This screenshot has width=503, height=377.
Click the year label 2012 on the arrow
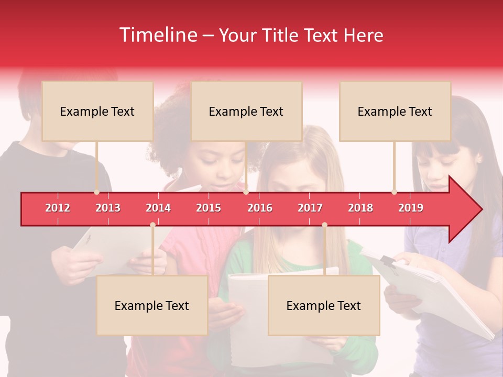click(58, 208)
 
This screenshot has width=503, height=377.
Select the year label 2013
click(108, 208)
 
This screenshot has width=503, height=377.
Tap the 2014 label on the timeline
click(158, 208)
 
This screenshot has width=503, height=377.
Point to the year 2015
click(209, 208)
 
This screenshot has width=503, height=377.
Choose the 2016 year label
click(260, 208)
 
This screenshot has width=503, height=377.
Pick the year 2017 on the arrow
click(310, 208)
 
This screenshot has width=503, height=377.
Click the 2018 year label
click(360, 208)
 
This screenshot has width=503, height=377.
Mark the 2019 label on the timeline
click(411, 208)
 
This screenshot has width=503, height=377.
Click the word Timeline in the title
click(157, 35)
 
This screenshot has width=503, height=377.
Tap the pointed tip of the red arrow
click(480, 209)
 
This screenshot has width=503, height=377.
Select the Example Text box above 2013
click(97, 111)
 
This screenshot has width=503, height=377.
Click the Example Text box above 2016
click(246, 111)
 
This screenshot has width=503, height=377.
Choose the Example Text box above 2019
click(395, 111)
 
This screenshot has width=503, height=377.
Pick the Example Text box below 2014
click(152, 305)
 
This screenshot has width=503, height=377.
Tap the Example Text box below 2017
click(324, 305)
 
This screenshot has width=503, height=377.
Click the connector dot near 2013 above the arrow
click(96, 192)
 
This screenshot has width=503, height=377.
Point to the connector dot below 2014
click(152, 225)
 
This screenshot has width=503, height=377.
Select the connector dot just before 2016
click(246, 192)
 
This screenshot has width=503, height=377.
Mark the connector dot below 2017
click(324, 225)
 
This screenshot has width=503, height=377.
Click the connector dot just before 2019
click(394, 192)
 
